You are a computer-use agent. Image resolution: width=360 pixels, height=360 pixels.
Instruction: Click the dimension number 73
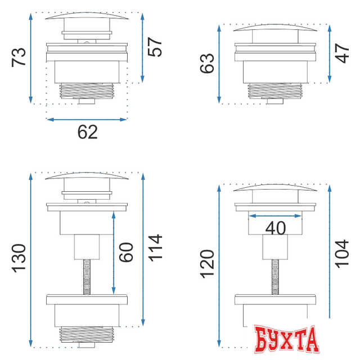(x=19, y=57)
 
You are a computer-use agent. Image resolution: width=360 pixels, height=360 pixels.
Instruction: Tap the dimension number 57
(x=155, y=47)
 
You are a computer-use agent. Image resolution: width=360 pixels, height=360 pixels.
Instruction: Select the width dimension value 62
(x=88, y=132)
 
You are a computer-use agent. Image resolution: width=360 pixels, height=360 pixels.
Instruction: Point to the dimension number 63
(x=207, y=64)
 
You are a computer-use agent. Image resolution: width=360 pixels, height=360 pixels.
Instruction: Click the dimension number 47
(x=342, y=53)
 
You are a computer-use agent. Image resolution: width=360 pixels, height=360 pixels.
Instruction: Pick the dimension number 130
(x=19, y=259)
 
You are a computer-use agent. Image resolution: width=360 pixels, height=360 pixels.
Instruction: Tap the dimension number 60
(x=126, y=253)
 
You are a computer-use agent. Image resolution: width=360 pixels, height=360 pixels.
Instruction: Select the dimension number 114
(x=155, y=248)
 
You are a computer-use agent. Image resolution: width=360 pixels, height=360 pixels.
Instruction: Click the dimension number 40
(x=276, y=228)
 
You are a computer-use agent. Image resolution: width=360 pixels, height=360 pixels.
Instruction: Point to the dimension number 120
(x=208, y=264)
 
